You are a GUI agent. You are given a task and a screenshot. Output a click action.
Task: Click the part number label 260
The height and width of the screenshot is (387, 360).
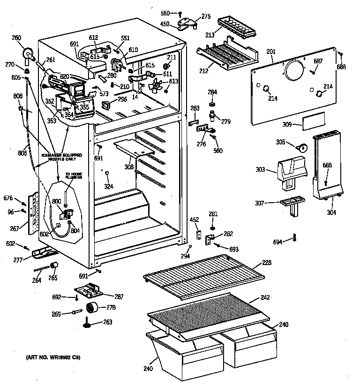(x=16, y=38)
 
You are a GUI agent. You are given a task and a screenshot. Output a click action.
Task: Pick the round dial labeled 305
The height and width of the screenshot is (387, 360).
(x=304, y=147)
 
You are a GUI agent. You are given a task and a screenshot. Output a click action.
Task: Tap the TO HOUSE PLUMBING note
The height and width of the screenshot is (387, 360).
(x=74, y=175)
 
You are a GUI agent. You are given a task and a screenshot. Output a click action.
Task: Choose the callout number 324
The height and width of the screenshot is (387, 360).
(x=108, y=186)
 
